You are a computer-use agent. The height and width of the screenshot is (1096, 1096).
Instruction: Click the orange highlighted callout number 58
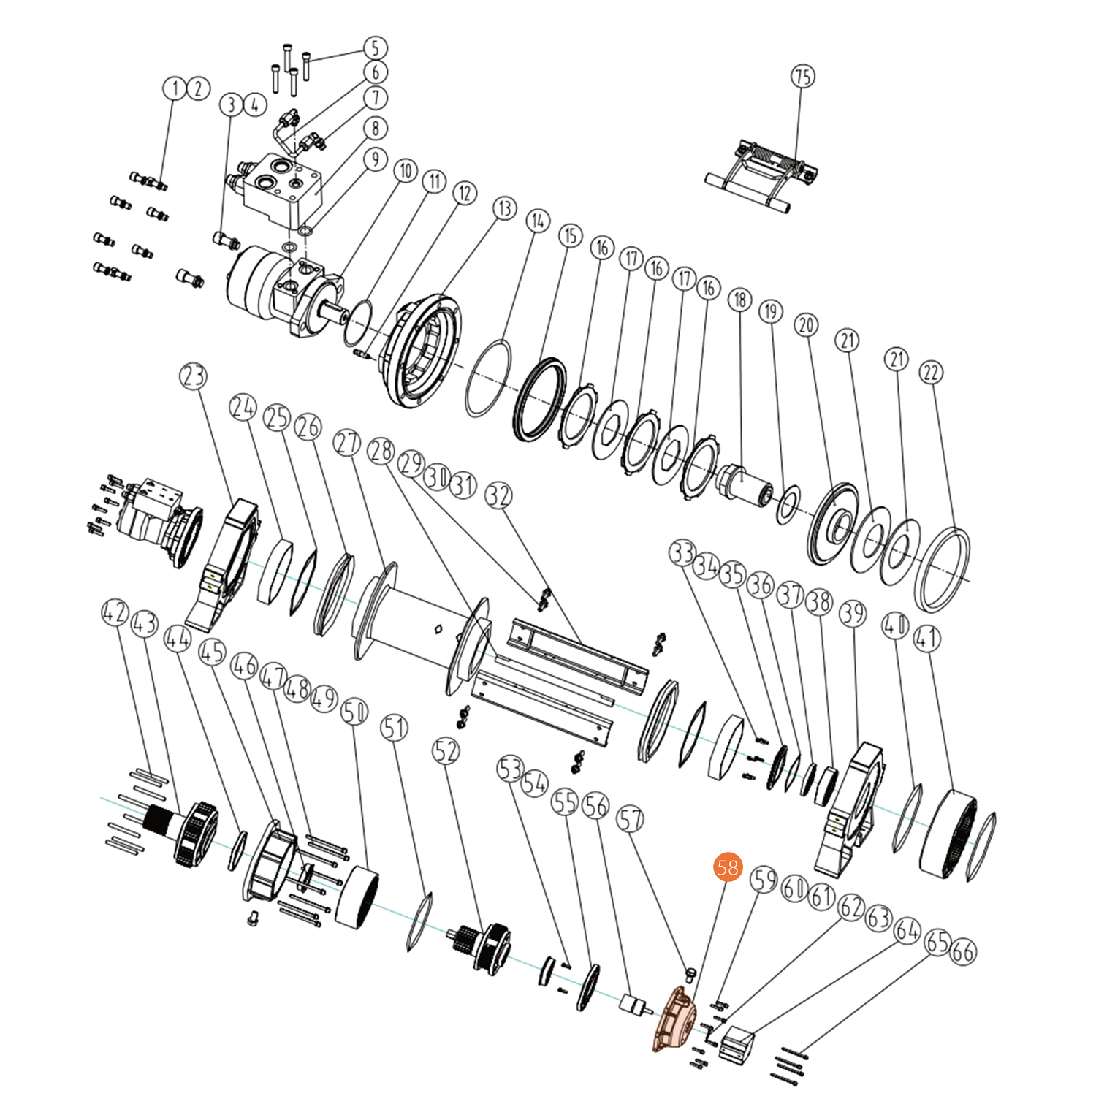727,867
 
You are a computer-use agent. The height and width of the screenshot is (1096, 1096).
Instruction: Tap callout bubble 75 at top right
802,77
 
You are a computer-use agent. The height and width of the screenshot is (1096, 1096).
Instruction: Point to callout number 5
375,48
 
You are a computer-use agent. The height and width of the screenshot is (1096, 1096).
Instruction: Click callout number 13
505,208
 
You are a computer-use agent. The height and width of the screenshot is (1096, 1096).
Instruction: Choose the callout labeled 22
931,373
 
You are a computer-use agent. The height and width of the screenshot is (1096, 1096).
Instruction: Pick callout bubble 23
193,376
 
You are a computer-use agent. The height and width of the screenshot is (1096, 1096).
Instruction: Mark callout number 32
498,496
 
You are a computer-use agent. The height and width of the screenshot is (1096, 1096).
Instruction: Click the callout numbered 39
853,614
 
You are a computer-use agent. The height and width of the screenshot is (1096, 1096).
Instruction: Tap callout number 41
926,639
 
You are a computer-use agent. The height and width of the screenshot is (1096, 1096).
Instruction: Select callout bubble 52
446,751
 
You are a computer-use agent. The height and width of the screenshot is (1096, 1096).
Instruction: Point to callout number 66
962,951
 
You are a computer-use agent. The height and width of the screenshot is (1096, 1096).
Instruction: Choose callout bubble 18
739,300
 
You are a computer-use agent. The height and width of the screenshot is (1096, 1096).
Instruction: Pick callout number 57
630,818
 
